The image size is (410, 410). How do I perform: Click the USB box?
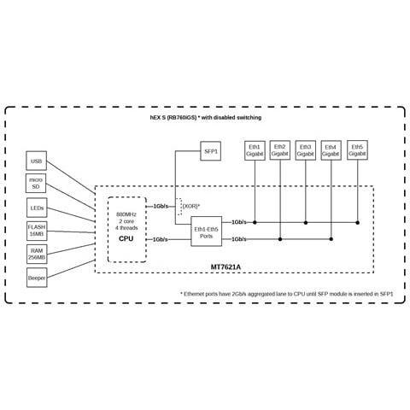coord(37,161)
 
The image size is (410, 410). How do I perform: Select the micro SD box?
coord(36,184)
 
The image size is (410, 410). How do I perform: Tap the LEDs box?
coord(37,208)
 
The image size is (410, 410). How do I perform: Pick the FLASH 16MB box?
coord(37,231)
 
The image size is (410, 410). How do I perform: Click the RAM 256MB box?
coord(37,254)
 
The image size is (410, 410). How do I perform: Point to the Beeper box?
coord(37,278)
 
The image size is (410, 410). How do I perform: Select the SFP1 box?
coord(211,151)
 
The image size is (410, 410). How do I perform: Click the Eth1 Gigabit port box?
coord(255,150)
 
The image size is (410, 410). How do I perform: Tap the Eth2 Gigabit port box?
coord(280,150)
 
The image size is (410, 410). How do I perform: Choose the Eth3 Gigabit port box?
coord(306,150)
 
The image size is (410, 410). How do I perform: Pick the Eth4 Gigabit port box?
coord(331,150)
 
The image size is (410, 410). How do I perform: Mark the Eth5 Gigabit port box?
coord(357,150)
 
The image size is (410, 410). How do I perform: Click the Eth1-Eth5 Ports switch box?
coord(207,231)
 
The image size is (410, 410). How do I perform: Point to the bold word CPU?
coord(126,238)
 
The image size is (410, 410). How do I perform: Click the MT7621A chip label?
coord(225,267)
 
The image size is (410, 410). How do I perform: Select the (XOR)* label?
coord(190,206)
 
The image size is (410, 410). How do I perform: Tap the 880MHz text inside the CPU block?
coord(126,214)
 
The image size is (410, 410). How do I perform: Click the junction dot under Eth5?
coord(358,222)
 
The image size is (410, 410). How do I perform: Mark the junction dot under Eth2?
coord(280,239)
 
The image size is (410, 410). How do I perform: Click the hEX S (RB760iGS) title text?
coord(173,117)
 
